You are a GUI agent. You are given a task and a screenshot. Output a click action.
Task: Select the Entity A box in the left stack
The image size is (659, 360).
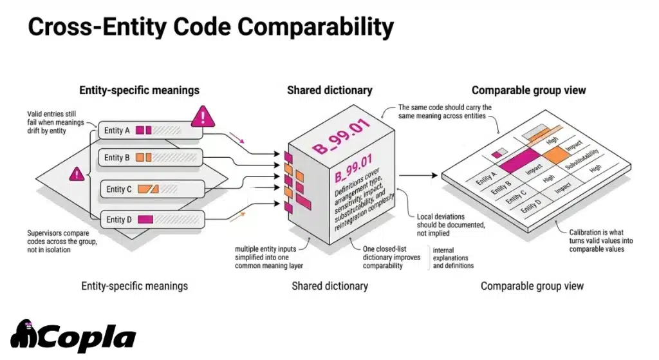pyautogui.click(x=148, y=131)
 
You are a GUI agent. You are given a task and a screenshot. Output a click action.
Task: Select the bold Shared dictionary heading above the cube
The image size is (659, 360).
pyautogui.click(x=329, y=90)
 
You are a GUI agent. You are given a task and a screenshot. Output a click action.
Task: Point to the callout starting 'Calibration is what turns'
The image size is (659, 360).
pyautogui.click(x=596, y=240)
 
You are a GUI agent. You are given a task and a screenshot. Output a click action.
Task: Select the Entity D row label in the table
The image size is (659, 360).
pyautogui.click(x=532, y=209)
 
